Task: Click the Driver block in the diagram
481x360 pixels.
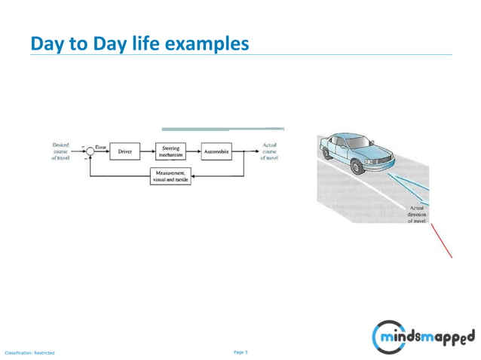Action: [124, 151]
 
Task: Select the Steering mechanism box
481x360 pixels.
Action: [170, 151]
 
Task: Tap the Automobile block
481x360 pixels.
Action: [216, 151]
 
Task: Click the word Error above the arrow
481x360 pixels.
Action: [100, 145]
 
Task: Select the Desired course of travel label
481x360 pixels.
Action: [61, 151]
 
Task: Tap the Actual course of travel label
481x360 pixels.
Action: [269, 151]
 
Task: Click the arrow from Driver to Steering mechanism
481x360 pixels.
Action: [148, 151]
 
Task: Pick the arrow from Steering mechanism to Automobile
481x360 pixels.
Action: [194, 151]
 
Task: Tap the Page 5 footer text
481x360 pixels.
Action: [240, 351]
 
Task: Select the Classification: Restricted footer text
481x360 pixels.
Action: [30, 352]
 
